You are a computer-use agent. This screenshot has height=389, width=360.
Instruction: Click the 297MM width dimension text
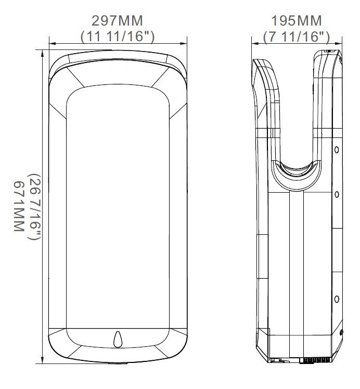[x=118, y=21]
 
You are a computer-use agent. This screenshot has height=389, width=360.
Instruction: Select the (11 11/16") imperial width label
[x=118, y=36]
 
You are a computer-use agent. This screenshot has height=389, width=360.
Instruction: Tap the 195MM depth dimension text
[x=297, y=21]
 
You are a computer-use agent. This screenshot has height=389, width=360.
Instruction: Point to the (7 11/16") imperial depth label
[x=297, y=37]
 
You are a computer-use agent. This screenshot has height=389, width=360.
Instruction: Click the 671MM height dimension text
[x=19, y=206]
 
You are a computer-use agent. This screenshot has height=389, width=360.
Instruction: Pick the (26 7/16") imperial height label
[x=34, y=207]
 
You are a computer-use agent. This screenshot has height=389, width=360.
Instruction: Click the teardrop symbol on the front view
[x=118, y=339]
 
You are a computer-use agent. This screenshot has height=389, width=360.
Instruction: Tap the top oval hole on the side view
[x=337, y=149]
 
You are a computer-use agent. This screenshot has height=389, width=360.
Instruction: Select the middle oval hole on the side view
[x=337, y=194]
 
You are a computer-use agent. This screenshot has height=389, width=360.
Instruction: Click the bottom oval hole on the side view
[x=337, y=299]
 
